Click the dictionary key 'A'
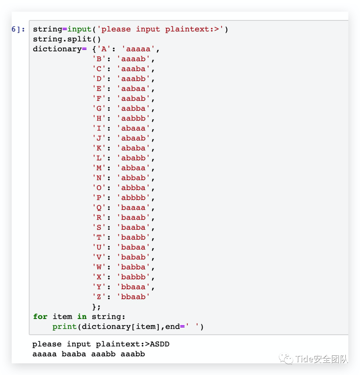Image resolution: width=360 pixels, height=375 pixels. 104,49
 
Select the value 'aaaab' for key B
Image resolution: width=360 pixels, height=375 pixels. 133,59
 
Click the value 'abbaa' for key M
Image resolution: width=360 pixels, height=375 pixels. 133,168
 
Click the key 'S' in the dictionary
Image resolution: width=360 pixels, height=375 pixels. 99,228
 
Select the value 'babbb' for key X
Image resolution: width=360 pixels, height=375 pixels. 133,277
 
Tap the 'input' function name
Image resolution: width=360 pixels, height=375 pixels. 79,29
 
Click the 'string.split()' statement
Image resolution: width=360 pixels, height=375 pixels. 67,39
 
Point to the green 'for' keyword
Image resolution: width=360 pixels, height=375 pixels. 40,317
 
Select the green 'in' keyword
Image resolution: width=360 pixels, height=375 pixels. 82,317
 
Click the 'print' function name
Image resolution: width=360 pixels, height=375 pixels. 65,327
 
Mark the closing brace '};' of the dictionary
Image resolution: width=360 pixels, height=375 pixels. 96,307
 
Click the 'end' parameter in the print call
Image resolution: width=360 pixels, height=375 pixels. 172,327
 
